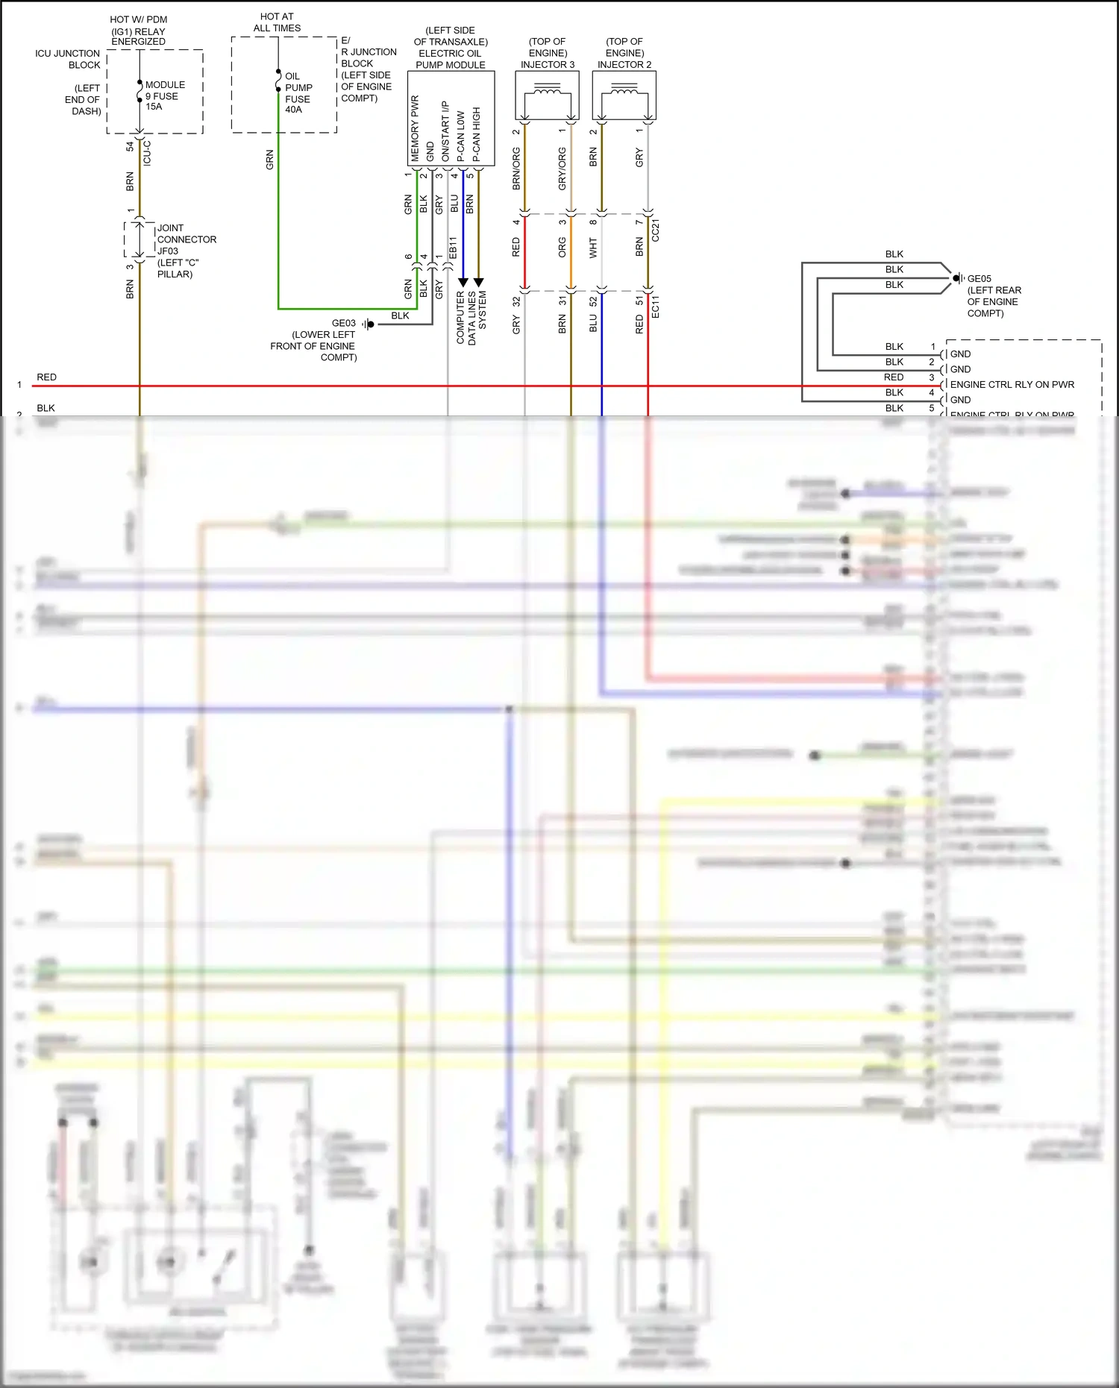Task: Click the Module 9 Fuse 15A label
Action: click(x=164, y=95)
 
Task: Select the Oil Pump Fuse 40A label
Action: click(x=298, y=92)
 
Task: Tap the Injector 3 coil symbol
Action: click(x=548, y=92)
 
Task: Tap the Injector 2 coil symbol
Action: click(x=624, y=92)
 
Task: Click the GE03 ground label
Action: click(x=344, y=323)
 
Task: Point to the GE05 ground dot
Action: click(x=956, y=278)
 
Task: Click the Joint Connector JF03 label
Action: click(x=186, y=251)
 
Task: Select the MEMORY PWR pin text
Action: click(x=416, y=128)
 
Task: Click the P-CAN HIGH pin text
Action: click(x=477, y=134)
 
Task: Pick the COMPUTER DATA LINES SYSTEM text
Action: click(x=471, y=318)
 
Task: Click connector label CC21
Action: click(x=656, y=230)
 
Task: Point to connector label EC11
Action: click(x=656, y=307)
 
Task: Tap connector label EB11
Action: click(x=453, y=248)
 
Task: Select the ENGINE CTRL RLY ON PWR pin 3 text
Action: click(x=1012, y=385)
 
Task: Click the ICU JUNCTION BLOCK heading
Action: click(x=68, y=59)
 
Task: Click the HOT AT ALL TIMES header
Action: click(x=277, y=22)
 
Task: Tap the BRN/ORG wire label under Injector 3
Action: click(x=516, y=169)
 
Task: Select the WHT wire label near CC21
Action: click(x=593, y=248)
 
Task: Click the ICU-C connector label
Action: click(x=147, y=152)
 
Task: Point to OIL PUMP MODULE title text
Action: click(x=451, y=59)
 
